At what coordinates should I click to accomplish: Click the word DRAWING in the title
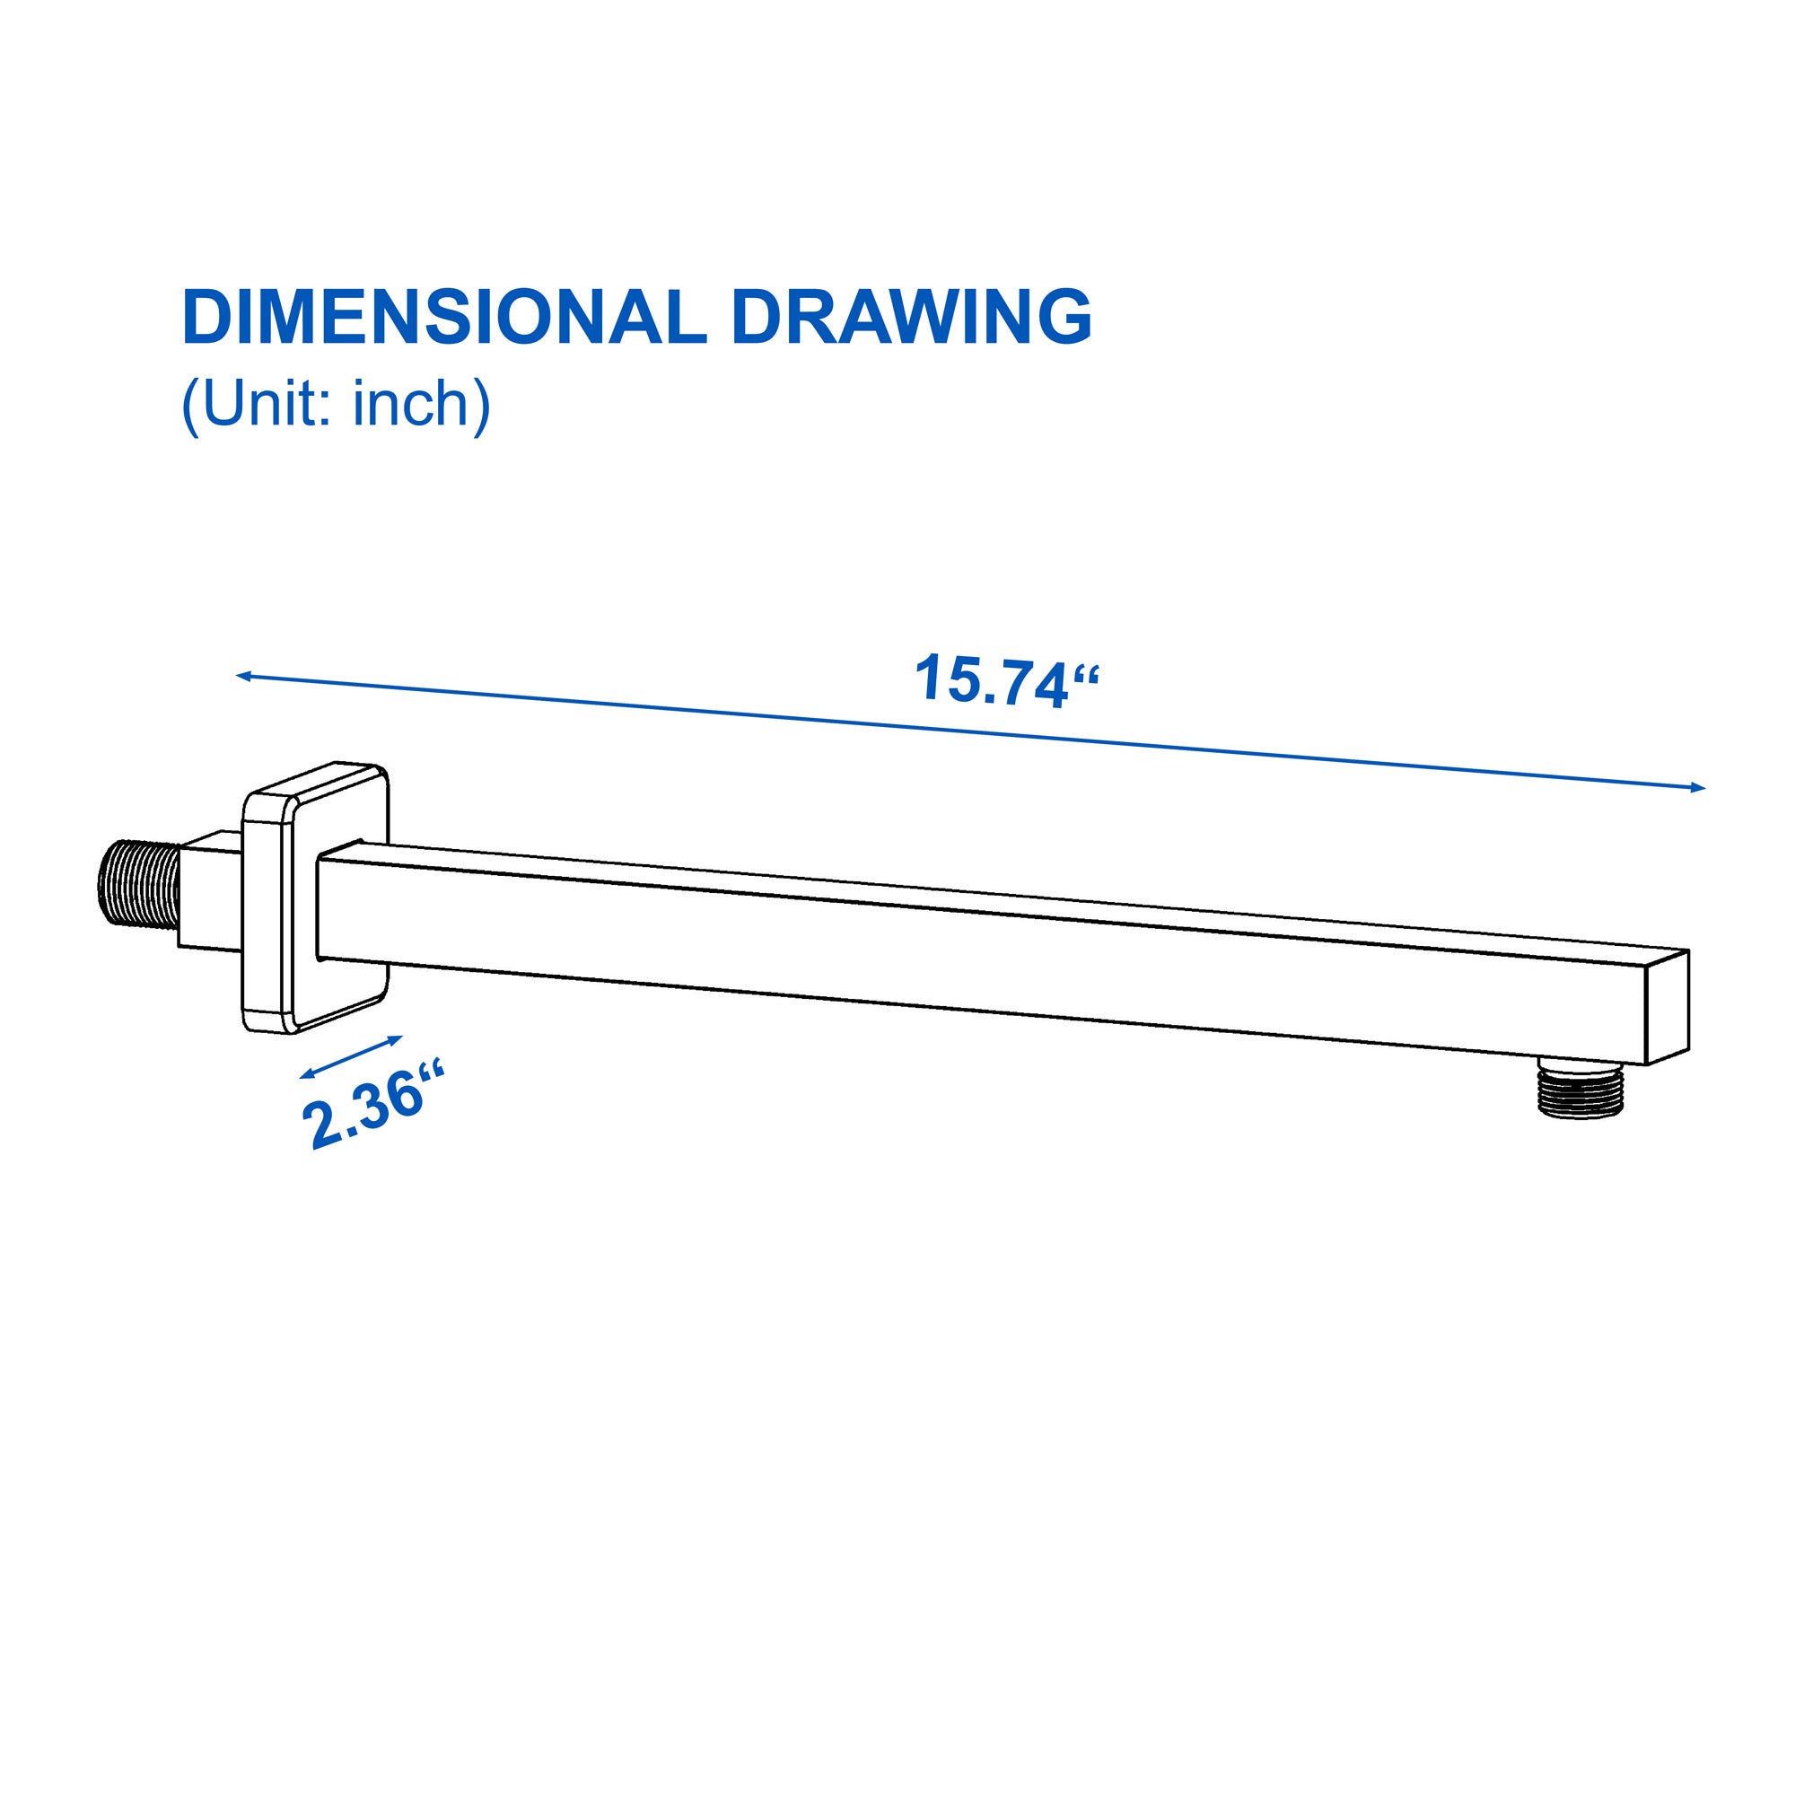coord(912,318)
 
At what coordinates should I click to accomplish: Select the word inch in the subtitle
coord(407,403)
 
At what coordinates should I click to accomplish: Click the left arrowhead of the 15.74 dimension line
coord(244,677)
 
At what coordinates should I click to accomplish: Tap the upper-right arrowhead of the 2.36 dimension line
coord(397,1038)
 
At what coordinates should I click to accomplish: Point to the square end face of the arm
coord(1666,1008)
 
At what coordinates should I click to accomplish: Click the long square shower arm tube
coord(976,952)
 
